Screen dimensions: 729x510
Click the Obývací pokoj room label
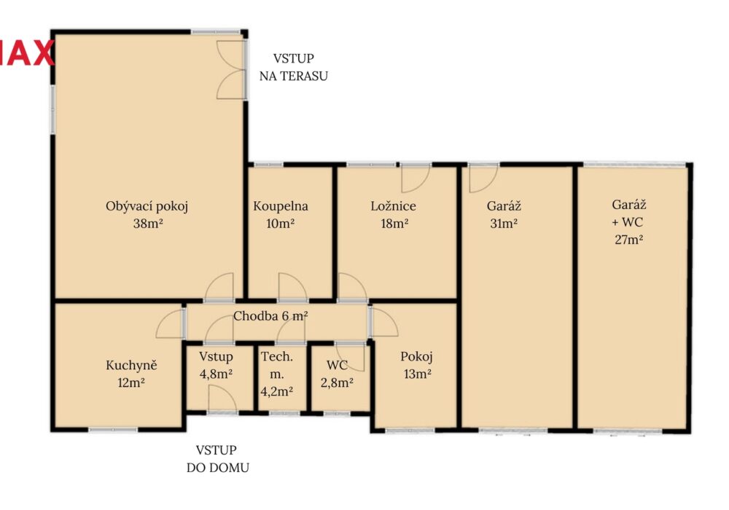pyautogui.click(x=147, y=206)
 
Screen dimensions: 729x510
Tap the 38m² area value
pyautogui.click(x=148, y=224)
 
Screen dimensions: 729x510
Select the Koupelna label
pyautogui.click(x=281, y=206)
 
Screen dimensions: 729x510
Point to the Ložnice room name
pyautogui.click(x=394, y=205)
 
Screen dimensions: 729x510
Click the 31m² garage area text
pyautogui.click(x=504, y=224)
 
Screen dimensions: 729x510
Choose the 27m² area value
pyautogui.click(x=628, y=240)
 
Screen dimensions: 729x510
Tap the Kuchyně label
pyautogui.click(x=131, y=365)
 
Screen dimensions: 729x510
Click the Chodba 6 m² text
pyautogui.click(x=270, y=316)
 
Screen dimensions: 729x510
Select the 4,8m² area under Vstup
pyautogui.click(x=216, y=374)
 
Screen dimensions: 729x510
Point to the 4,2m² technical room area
pyautogui.click(x=276, y=391)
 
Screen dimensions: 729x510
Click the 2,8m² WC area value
pyautogui.click(x=337, y=382)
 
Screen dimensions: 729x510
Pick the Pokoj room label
pyautogui.click(x=416, y=357)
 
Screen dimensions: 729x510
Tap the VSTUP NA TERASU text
pyautogui.click(x=293, y=67)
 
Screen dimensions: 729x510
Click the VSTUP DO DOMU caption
pyautogui.click(x=217, y=459)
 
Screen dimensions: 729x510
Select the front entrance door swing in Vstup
pyautogui.click(x=223, y=399)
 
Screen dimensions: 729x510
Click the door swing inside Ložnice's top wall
pyautogui.click(x=416, y=178)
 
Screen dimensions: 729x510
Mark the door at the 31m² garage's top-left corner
pyautogui.click(x=483, y=178)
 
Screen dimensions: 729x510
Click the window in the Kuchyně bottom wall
pyautogui.click(x=113, y=430)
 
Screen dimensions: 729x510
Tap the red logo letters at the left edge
pyautogui.click(x=27, y=53)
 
